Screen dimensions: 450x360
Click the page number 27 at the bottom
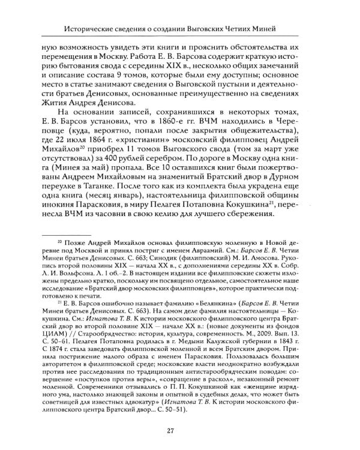pyautogui.click(x=180, y=430)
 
